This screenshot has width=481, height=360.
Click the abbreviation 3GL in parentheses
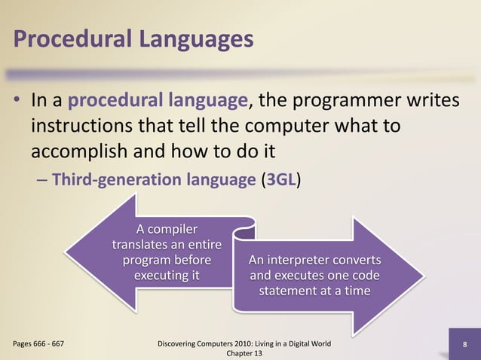283,181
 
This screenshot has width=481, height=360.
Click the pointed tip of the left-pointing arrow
67,252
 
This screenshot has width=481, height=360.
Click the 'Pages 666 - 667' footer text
38,344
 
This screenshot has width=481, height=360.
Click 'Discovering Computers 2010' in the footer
204,344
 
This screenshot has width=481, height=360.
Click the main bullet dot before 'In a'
17,101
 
